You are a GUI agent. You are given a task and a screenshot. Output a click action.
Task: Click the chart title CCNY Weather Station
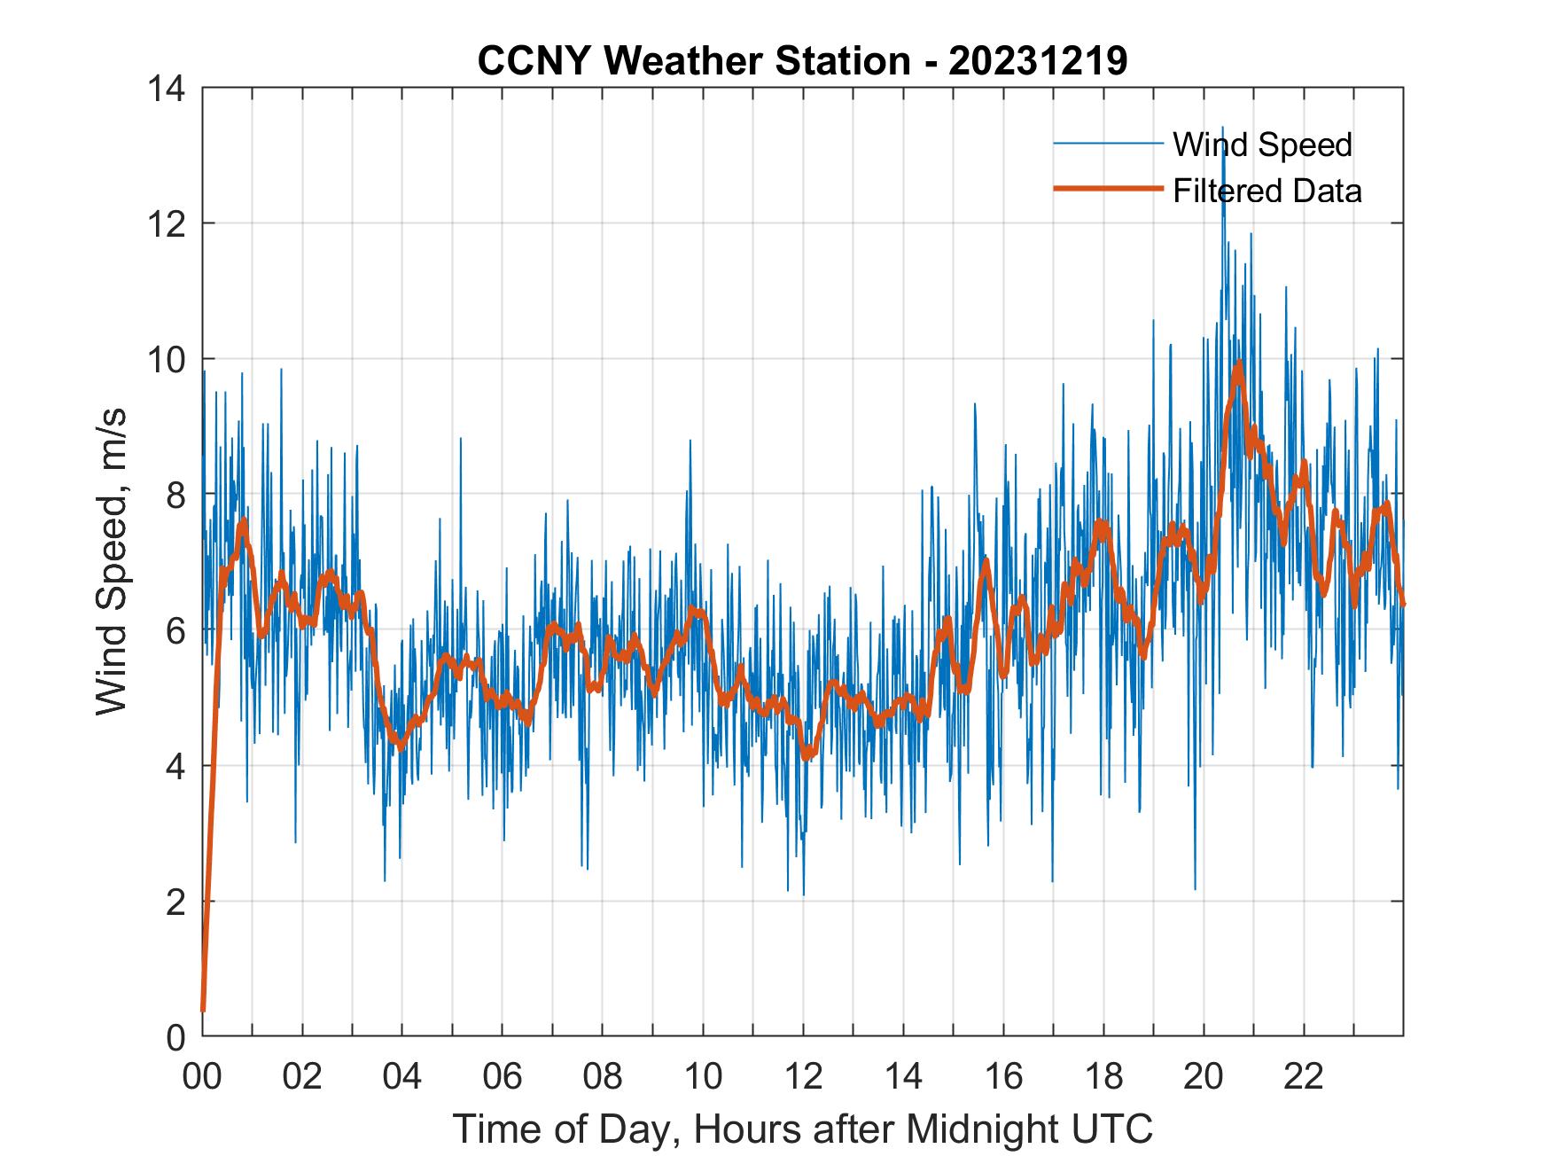694,61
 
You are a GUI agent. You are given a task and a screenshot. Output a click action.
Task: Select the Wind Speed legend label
1262,145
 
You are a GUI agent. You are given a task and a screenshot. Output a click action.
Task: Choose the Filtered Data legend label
1267,191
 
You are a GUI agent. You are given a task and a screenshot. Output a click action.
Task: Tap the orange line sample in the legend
1108,189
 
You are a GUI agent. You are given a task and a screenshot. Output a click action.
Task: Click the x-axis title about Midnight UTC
802,1129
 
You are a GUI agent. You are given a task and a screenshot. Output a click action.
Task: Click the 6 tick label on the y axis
175,630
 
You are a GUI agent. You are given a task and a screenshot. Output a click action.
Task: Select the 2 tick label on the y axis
175,902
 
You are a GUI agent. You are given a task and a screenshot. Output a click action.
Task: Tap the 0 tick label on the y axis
175,1037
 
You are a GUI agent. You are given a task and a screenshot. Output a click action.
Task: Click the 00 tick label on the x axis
202,1076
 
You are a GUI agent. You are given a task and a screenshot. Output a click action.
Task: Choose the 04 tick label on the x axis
402,1076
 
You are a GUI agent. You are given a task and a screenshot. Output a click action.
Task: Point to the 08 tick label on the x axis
603,1076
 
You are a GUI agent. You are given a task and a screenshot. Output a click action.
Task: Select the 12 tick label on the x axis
803,1076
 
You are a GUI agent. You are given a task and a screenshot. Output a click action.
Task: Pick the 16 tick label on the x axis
1003,1076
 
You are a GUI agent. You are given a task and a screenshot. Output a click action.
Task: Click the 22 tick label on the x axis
1304,1076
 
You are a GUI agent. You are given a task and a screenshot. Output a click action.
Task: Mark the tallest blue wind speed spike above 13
1223,129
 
